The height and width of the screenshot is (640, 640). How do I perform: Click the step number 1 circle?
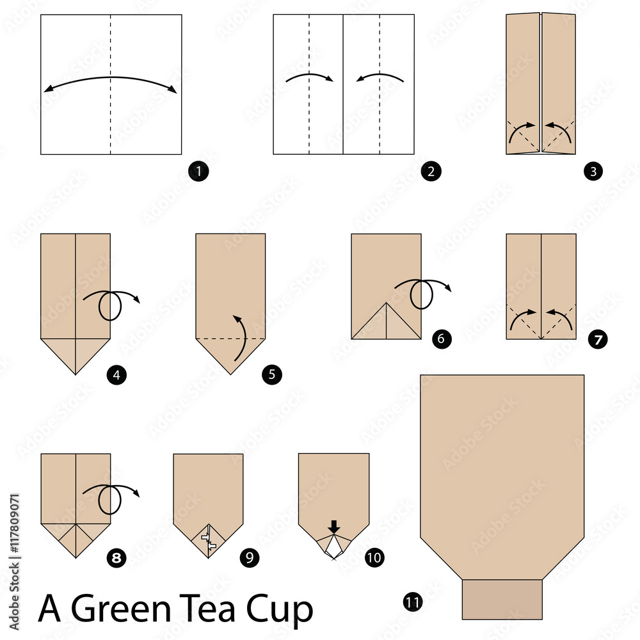pos(199,172)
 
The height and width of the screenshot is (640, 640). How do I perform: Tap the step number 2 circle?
pos(431,172)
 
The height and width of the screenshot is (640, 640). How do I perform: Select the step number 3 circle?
pos(593,172)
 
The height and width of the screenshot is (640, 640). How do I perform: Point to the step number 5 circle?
pos(271,374)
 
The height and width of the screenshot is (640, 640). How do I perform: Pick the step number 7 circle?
pos(598,339)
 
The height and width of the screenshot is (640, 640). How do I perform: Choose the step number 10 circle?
pos(374,558)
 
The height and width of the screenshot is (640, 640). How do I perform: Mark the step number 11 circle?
pos(413,601)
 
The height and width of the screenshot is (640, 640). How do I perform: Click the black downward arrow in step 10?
pos(333,527)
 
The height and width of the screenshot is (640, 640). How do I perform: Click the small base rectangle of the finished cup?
pos(502,599)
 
